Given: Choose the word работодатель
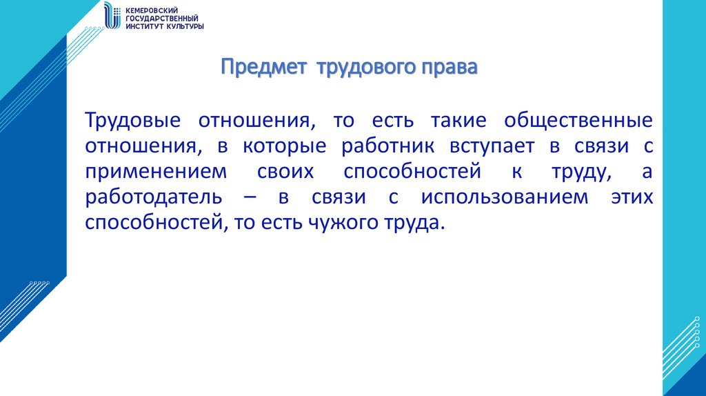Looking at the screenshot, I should coord(154,197).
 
